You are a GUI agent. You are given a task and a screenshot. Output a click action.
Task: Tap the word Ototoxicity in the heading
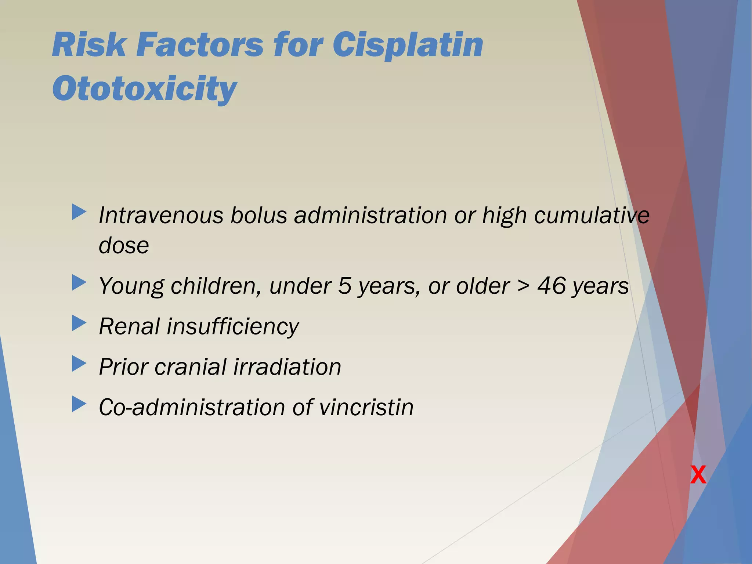[x=145, y=88]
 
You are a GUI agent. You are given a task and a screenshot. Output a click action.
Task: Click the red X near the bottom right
[x=698, y=475]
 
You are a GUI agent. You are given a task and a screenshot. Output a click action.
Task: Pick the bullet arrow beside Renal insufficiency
[x=79, y=323]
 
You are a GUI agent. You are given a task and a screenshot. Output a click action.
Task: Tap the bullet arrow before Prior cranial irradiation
[x=79, y=364]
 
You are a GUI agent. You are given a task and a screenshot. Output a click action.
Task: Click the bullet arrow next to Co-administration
[x=79, y=404]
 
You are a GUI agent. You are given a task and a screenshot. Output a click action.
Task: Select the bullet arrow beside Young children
[x=79, y=283]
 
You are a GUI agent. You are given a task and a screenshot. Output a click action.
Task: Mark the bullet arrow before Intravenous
[x=79, y=212]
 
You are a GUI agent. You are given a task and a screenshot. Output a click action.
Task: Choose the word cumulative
[x=592, y=215]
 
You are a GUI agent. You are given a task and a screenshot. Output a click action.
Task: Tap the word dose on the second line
[x=124, y=245]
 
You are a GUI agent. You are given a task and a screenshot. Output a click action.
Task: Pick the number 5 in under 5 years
[x=344, y=286]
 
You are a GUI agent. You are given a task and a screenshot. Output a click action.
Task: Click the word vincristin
[x=366, y=407]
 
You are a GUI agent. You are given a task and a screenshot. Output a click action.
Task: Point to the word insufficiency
[x=233, y=326]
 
